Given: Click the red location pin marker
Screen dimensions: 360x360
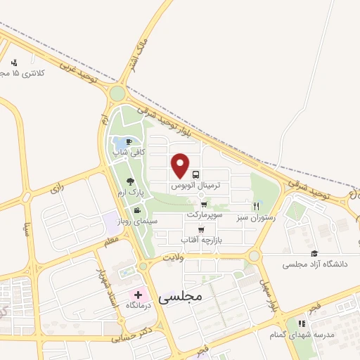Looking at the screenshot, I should click(181, 165).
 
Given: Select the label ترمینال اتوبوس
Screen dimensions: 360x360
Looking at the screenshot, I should click(196, 186).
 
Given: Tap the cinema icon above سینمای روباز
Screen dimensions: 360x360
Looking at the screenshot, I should click(136, 210).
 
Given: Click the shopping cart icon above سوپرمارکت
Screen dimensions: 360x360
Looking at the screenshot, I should click(204, 204).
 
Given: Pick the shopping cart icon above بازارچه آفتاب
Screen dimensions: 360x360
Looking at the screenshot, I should click(201, 229).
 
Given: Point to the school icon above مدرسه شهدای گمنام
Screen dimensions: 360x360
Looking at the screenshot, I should click(300, 323).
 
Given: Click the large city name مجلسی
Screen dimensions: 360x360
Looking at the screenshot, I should click(181, 297).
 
